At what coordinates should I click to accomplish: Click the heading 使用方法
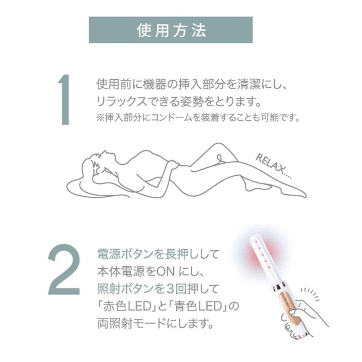point(171,30)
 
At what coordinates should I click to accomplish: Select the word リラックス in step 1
point(119,101)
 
